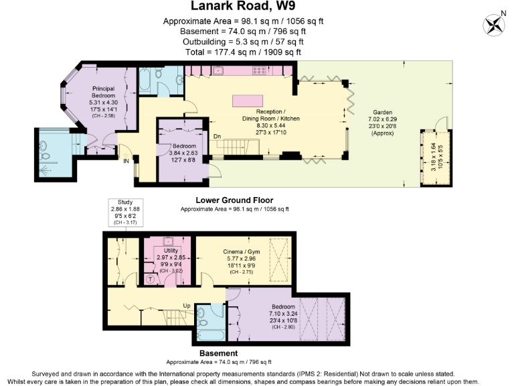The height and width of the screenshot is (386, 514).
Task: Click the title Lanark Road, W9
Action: (244, 7)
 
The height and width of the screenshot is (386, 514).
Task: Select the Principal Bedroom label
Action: (103, 92)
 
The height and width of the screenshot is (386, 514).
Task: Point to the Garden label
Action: (383, 113)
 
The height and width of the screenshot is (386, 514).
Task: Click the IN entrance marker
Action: (125, 159)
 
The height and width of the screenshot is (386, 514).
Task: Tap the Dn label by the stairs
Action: (216, 136)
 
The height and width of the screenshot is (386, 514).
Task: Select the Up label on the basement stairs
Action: (188, 305)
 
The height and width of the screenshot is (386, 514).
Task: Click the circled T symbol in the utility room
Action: (150, 278)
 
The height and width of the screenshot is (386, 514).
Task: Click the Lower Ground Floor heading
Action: (234, 200)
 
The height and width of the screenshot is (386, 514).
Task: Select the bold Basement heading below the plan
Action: (218, 353)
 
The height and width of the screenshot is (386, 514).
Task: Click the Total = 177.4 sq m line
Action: (243, 52)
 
